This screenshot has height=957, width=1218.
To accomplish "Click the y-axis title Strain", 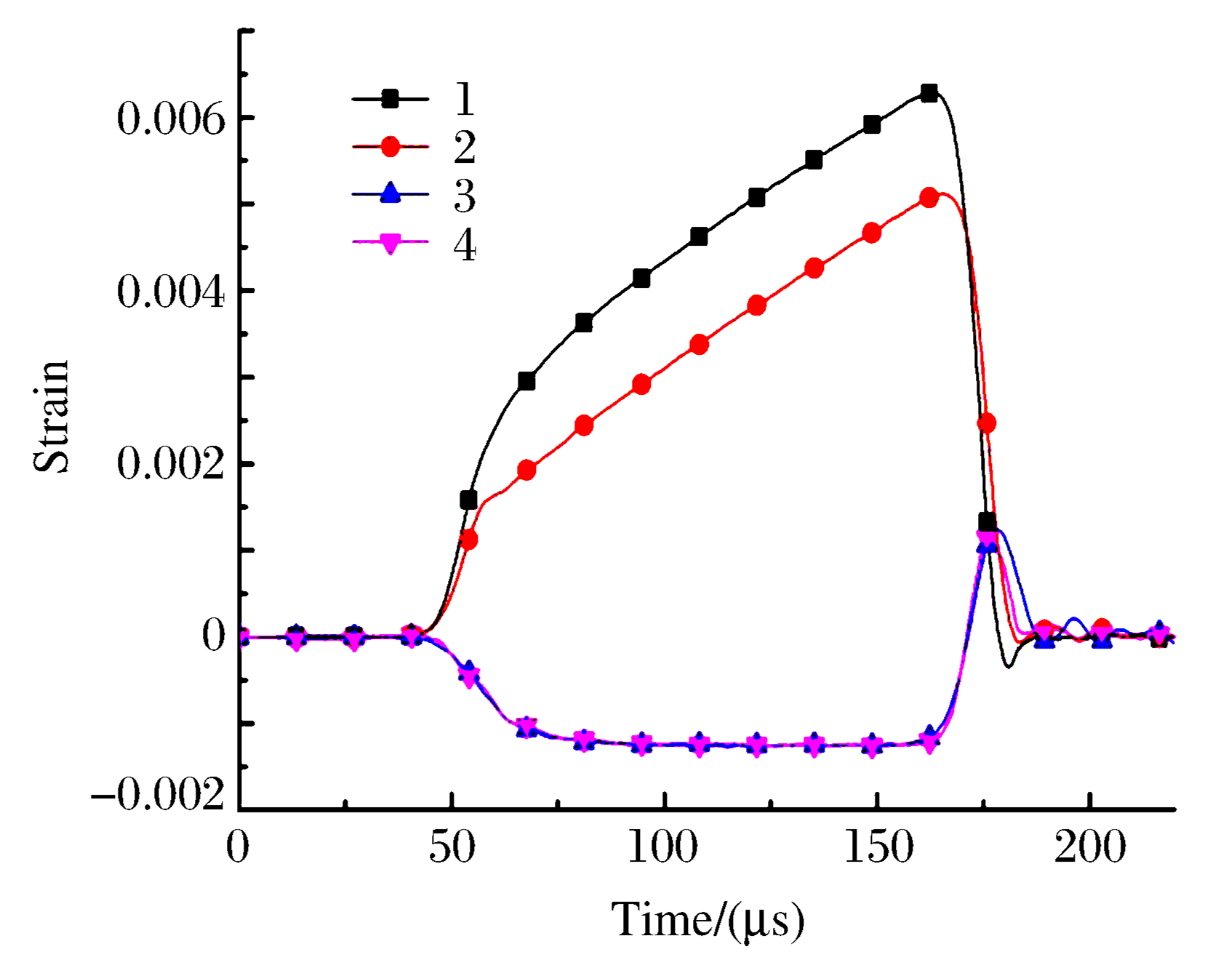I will (x=52, y=416).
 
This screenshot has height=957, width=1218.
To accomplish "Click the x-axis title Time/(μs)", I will (x=707, y=921).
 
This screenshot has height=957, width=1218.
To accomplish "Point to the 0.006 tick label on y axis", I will (x=172, y=119).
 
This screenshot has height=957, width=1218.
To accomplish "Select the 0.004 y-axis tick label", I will (x=172, y=292).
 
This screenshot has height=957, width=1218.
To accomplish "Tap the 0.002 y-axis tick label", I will (x=172, y=464).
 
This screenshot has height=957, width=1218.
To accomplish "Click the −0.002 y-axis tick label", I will (x=159, y=796).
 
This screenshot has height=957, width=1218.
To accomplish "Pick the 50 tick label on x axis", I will (x=452, y=848).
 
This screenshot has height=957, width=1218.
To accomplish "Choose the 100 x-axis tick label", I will (x=663, y=848).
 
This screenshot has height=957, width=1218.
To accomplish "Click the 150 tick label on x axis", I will (x=878, y=848).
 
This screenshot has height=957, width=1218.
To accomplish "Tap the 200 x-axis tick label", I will (x=1090, y=848).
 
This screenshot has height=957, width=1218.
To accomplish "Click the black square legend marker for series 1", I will (x=390, y=98).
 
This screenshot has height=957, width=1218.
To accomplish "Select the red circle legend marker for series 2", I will (x=390, y=146).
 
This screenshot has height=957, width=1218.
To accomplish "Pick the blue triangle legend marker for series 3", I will (x=390, y=193).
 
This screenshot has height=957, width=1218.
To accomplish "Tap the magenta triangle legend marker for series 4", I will (x=390, y=242).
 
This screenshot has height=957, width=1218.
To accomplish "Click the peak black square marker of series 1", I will (x=929, y=92).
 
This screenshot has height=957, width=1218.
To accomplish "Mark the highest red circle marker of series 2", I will (x=929, y=197).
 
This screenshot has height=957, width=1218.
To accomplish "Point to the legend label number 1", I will (x=465, y=98).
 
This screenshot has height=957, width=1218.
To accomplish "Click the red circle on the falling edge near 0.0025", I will (x=986, y=423).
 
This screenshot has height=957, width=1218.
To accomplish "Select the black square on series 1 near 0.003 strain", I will (x=526, y=381).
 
